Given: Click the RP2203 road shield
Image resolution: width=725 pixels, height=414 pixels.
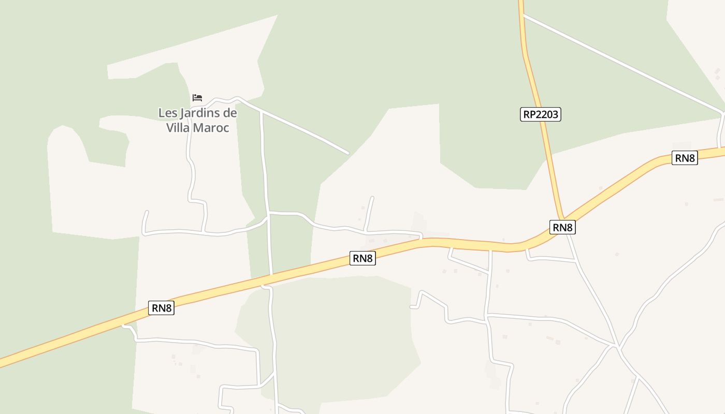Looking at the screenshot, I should click(540, 114).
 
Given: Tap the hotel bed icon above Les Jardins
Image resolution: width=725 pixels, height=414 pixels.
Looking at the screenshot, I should click(197, 97).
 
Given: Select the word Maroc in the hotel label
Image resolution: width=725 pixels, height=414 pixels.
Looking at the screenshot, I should click(212, 127).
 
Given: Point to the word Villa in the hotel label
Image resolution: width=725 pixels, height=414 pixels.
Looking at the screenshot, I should click(178, 127).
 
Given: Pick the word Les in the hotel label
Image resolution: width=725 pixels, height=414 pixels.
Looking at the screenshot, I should click(167, 113).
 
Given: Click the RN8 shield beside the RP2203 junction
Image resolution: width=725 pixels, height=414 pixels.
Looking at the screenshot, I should click(562, 227).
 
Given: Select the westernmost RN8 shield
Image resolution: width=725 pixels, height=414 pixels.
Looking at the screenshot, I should click(161, 308).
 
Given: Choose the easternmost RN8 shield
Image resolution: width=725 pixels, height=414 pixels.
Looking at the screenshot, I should click(685, 158).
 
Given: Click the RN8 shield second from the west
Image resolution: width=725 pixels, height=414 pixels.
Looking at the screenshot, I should click(363, 258).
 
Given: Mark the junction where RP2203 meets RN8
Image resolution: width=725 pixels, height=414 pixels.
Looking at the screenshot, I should click(563, 218).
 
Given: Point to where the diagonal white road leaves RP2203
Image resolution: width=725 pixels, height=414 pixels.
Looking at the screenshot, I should click(524, 15).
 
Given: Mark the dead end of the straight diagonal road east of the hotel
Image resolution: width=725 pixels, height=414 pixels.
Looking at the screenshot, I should click(347, 153).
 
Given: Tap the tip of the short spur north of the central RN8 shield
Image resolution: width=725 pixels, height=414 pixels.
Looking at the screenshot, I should click(372, 198).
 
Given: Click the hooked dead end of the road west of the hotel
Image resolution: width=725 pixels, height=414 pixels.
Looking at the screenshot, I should click(147, 212).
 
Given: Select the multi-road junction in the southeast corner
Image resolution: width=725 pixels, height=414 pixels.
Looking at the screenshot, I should click(617, 346).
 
